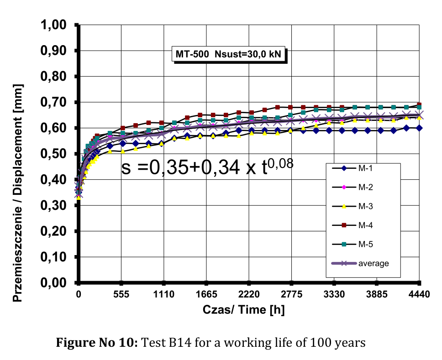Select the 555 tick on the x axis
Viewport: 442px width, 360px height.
click(x=121, y=294)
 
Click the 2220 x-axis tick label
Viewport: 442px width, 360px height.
click(x=249, y=294)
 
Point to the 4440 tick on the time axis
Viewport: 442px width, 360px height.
click(x=419, y=294)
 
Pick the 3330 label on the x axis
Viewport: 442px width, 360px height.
click(x=334, y=294)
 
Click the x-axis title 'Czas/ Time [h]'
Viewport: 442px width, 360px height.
click(x=244, y=310)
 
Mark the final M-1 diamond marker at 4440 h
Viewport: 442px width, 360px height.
click(x=419, y=128)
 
